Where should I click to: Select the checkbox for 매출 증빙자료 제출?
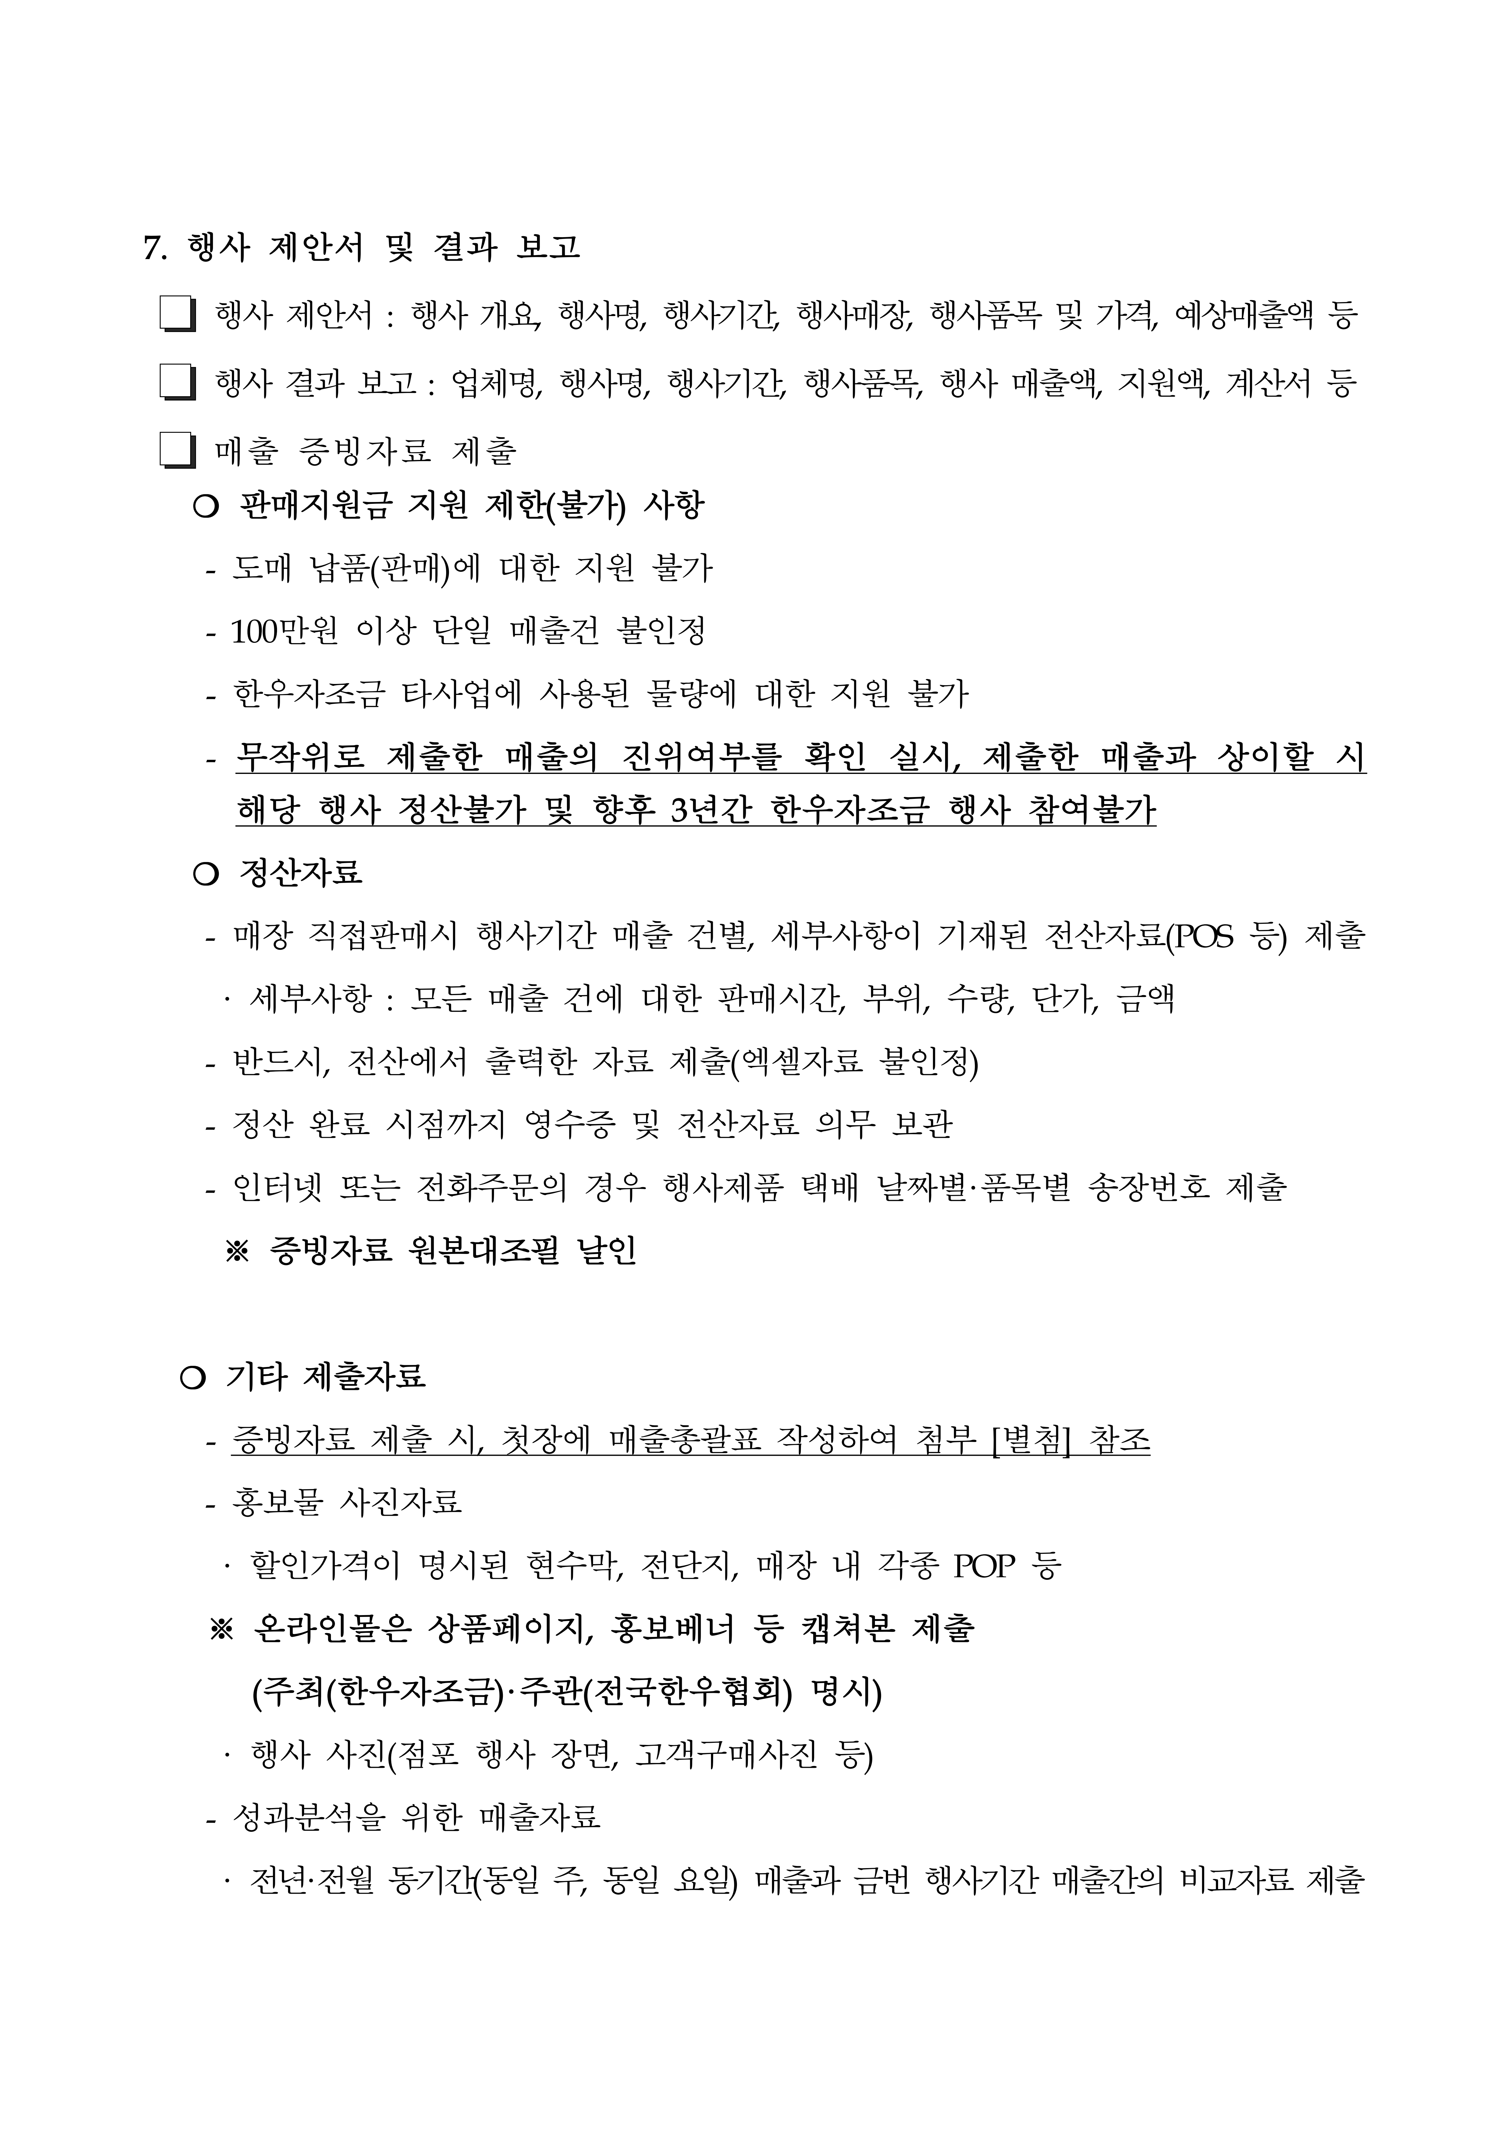tap(177, 451)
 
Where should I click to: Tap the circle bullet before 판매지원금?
tap(206, 507)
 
